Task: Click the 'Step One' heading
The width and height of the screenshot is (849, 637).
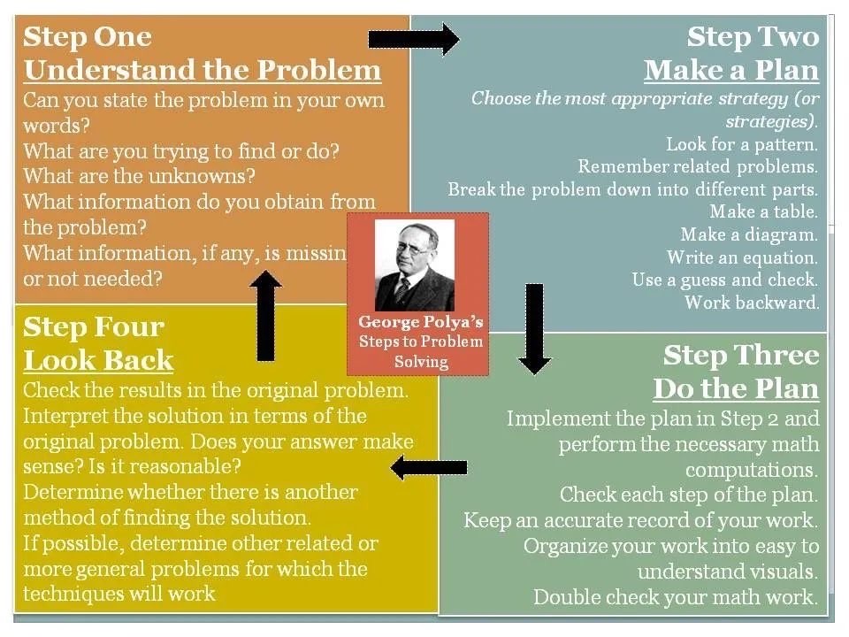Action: click(x=88, y=37)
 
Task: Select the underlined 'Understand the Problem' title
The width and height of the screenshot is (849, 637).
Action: click(x=203, y=71)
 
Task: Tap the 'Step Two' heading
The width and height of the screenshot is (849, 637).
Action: click(x=753, y=37)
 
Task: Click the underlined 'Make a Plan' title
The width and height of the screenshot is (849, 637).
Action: click(x=731, y=71)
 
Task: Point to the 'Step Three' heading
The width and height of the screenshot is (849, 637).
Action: click(x=741, y=356)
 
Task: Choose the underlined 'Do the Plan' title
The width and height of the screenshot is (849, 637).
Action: click(x=735, y=389)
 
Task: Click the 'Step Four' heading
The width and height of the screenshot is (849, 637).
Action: click(x=93, y=327)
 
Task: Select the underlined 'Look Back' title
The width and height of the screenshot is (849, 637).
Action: click(x=98, y=361)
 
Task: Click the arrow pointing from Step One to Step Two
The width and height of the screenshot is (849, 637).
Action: click(x=414, y=39)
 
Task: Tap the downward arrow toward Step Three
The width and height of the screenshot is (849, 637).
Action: click(x=534, y=329)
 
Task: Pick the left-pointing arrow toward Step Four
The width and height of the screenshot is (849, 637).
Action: click(x=429, y=467)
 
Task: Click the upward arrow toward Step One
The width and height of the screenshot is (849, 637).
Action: click(x=265, y=316)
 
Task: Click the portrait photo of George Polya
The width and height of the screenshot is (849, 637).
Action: click(x=415, y=265)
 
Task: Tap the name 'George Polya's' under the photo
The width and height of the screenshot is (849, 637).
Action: click(x=421, y=322)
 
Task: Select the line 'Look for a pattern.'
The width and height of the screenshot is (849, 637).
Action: click(x=742, y=144)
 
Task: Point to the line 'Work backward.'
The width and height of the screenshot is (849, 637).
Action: click(x=752, y=303)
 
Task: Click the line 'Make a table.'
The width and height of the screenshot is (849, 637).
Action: click(x=763, y=211)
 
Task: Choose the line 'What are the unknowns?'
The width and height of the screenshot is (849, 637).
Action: click(x=139, y=176)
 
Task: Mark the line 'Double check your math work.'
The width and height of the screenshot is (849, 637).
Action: click(x=675, y=597)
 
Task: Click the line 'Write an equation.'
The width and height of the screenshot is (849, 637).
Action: click(x=742, y=257)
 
